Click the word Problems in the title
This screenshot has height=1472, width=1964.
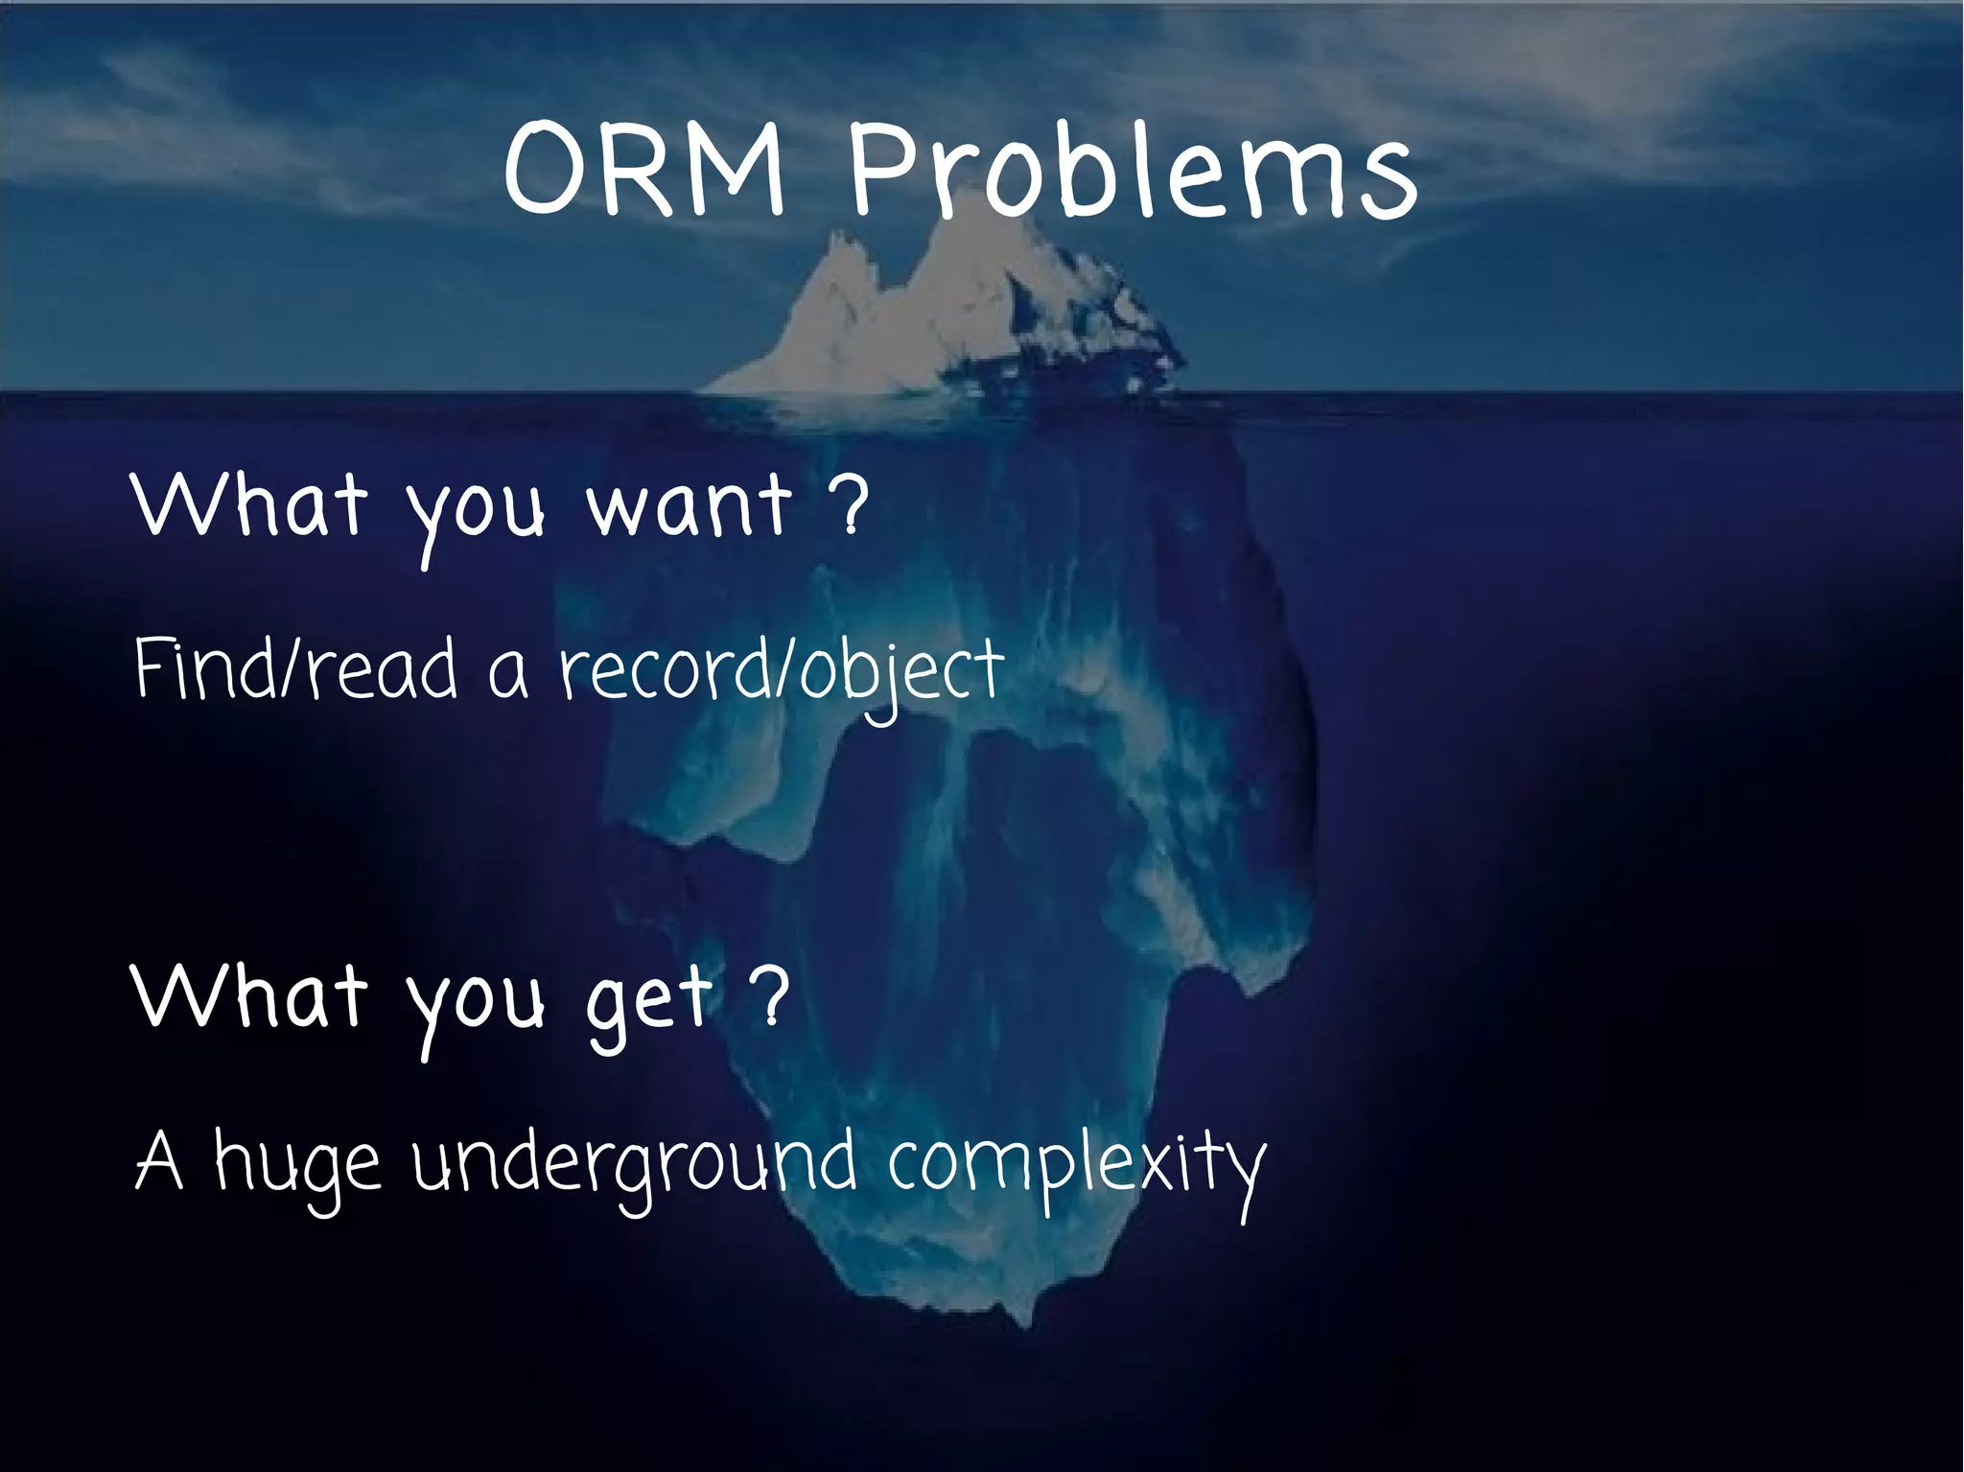coord(1132,173)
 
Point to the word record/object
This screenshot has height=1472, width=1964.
coord(782,671)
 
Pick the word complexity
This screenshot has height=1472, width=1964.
coord(1074,1165)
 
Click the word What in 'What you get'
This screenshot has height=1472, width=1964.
coord(250,997)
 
